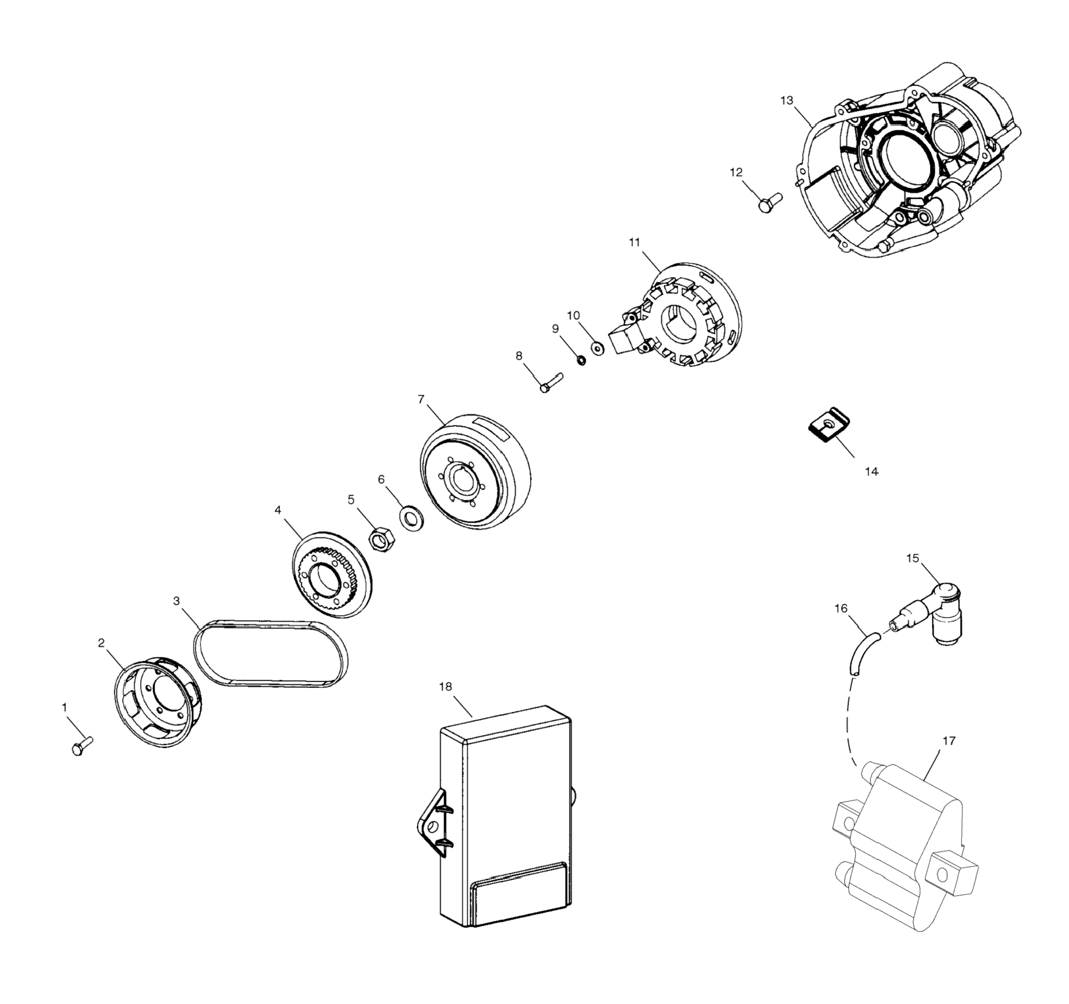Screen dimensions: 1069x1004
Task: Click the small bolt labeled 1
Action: (82, 746)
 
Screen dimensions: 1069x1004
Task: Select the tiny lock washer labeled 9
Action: (582, 359)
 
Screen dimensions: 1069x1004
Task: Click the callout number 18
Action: (445, 687)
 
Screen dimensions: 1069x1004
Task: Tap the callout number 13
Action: (786, 101)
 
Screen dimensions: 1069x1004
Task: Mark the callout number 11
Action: (634, 243)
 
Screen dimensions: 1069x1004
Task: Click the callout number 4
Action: (278, 510)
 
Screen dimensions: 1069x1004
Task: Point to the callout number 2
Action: (101, 643)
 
